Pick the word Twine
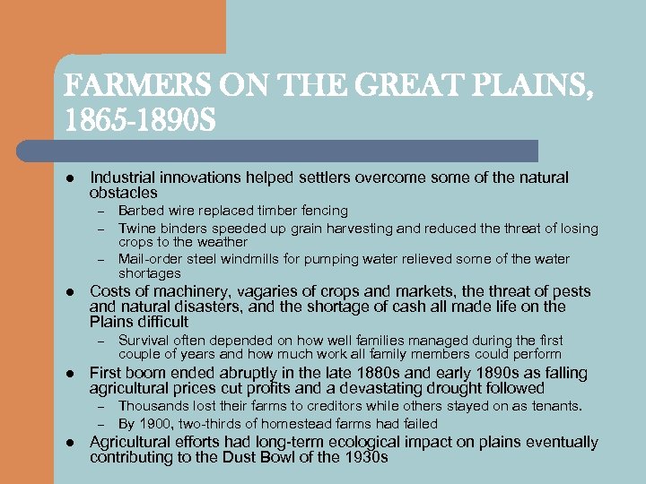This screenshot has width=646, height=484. (136, 228)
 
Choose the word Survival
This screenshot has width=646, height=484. (144, 340)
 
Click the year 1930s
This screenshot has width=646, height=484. (362, 457)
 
